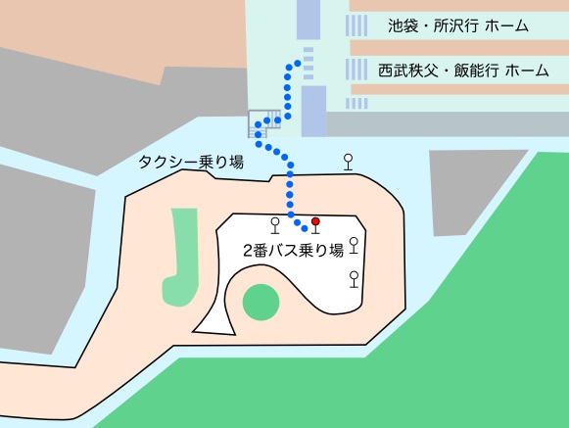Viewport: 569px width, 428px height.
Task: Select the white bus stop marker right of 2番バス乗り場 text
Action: coord(354,245)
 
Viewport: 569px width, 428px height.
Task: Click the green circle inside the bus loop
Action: coord(260,302)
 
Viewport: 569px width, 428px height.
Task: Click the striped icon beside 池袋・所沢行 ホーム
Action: coord(358,25)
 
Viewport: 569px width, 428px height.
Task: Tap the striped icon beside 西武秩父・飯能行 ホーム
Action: coord(358,71)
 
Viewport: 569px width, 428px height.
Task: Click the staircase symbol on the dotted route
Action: coord(263,122)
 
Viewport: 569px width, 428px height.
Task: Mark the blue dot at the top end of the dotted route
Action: coord(296,64)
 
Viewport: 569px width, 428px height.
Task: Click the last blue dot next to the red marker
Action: coord(306,229)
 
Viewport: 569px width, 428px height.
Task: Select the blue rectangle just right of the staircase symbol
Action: coord(313,111)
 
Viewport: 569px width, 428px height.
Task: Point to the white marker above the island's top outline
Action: coord(347,161)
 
